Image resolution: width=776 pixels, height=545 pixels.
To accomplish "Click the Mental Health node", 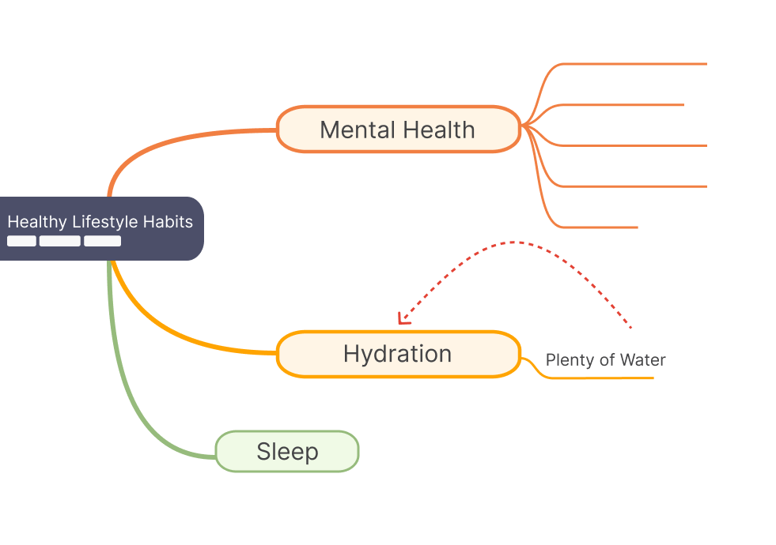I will pyautogui.click(x=398, y=129).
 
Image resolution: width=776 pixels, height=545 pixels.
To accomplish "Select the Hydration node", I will pyautogui.click(x=398, y=354).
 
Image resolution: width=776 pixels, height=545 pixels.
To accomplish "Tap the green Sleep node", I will pyautogui.click(x=287, y=452).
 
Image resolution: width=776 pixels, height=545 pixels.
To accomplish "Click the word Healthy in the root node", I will pyautogui.click(x=37, y=222).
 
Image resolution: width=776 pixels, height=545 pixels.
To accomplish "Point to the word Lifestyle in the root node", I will pyautogui.click(x=105, y=222).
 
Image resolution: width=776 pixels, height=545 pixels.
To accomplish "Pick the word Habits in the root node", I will pyautogui.click(x=168, y=222).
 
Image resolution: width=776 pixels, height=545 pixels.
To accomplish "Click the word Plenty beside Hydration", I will pyautogui.click(x=569, y=360).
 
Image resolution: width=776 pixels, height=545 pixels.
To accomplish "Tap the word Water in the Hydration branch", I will pyautogui.click(x=642, y=360).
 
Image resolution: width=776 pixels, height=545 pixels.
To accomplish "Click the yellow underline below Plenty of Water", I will pyautogui.click(x=601, y=378).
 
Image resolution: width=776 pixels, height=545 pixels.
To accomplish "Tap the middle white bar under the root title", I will pyautogui.click(x=60, y=241).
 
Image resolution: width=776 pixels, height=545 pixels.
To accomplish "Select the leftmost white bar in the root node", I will pyautogui.click(x=21, y=241).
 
